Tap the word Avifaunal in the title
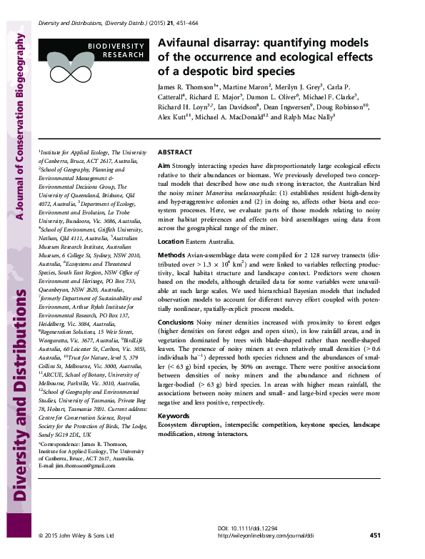(x=188, y=43)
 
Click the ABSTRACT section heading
(x=174, y=153)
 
